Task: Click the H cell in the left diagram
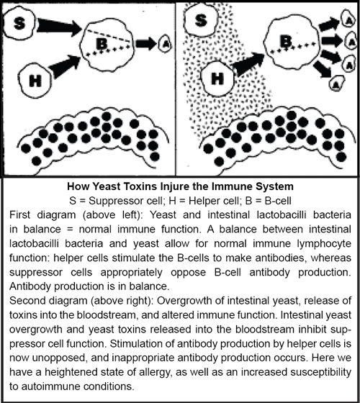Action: click(x=35, y=81)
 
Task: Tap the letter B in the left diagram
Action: click(x=102, y=44)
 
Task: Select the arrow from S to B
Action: click(x=59, y=26)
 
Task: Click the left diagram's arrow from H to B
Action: click(x=65, y=66)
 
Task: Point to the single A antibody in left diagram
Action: click(x=166, y=44)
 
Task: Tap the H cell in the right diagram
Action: click(x=217, y=78)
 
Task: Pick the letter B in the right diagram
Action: click(x=287, y=41)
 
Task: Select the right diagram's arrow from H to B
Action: click(x=248, y=64)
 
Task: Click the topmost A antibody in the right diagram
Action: click(x=348, y=19)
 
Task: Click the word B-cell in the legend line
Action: click(x=278, y=201)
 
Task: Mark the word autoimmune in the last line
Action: click(x=48, y=386)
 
